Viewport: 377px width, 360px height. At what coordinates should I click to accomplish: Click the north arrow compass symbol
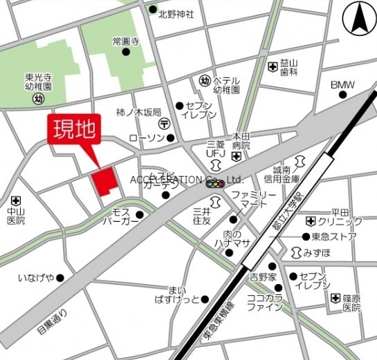359,19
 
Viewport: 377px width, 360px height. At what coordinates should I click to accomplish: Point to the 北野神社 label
176,13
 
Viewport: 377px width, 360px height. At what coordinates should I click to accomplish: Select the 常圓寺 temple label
125,41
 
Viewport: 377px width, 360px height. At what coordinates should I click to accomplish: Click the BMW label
342,85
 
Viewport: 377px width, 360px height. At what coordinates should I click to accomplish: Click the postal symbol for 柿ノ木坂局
164,123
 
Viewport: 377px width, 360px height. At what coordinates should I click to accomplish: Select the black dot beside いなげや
60,278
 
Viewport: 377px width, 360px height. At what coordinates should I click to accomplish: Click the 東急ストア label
333,237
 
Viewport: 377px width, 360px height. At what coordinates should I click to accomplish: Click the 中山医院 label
15,216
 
